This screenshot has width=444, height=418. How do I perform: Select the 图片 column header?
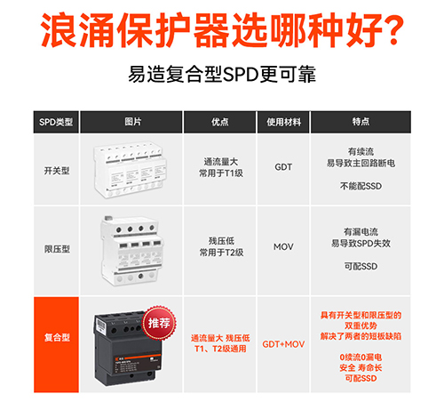133,120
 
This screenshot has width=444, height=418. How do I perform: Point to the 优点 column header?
221,120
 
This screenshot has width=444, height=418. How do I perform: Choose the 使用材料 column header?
283,120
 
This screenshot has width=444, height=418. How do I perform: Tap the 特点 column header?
361,120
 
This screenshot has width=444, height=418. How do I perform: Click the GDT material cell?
283,166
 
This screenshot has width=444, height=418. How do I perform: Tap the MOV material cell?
283,245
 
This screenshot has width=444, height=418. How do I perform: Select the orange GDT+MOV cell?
283,343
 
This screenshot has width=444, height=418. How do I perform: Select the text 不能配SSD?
360,186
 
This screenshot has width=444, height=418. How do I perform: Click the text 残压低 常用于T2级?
221,246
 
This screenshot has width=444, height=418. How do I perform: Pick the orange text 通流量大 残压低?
221,338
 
